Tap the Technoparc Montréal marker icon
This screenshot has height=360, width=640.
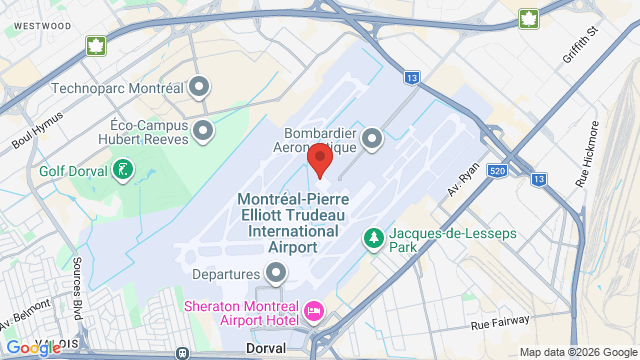[199, 86]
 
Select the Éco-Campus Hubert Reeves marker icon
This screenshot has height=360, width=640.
[203, 130]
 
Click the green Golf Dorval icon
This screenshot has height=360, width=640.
[122, 169]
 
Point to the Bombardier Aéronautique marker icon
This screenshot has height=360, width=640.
[372, 139]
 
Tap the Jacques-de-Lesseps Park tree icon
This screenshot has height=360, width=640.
[373, 238]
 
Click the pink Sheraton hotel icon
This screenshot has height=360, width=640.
[314, 312]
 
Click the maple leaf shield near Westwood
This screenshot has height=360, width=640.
[96, 46]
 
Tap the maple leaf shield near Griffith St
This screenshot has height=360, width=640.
[528, 18]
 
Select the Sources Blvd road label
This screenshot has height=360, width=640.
[78, 282]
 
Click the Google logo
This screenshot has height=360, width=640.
[34, 348]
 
